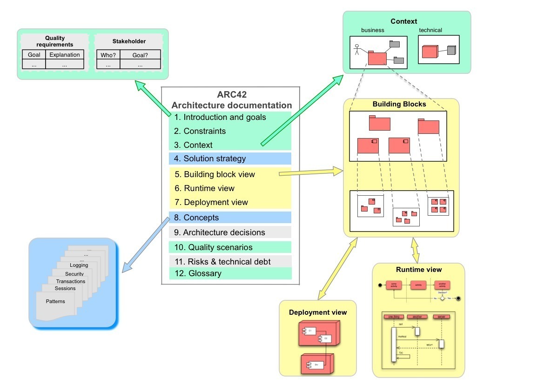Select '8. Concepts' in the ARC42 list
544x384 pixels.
point(201,218)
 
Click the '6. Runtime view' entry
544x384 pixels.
point(209,188)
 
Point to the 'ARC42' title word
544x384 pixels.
point(231,95)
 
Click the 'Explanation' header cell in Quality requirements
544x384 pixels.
point(65,55)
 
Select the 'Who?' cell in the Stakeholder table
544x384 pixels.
point(108,55)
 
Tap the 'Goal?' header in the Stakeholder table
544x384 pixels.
point(140,55)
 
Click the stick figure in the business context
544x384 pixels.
point(357,50)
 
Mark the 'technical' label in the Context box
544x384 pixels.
point(430,30)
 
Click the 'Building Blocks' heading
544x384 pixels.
point(399,104)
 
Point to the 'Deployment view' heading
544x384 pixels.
point(318,312)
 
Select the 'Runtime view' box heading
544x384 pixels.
point(419,270)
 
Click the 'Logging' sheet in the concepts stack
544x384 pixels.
point(79,265)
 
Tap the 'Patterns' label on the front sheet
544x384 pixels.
point(55,301)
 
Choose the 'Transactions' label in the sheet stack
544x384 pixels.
point(71,281)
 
